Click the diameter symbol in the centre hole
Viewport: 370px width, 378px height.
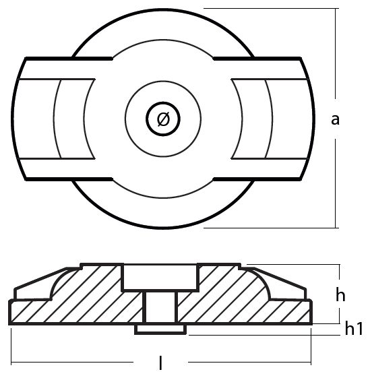tap(163, 119)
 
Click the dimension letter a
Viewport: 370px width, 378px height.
tap(335, 119)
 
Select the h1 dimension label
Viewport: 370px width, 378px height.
tap(354, 328)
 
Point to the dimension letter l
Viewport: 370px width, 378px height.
tap(160, 363)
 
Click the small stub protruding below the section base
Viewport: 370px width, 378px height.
tap(160, 329)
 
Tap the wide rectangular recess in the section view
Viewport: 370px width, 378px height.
tap(160, 277)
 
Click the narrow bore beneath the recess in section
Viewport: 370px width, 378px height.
tap(160, 307)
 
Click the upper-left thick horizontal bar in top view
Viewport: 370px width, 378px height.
tap(69, 59)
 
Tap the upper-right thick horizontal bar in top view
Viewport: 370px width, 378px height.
tap(257, 59)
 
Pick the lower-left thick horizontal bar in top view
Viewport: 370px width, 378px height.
tap(69, 179)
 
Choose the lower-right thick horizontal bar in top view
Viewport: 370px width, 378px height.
tap(257, 179)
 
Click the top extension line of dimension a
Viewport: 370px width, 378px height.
tap(272, 9)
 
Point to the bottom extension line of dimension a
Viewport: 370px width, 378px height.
tap(272, 228)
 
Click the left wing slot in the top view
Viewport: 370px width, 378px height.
tap(55, 119)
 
